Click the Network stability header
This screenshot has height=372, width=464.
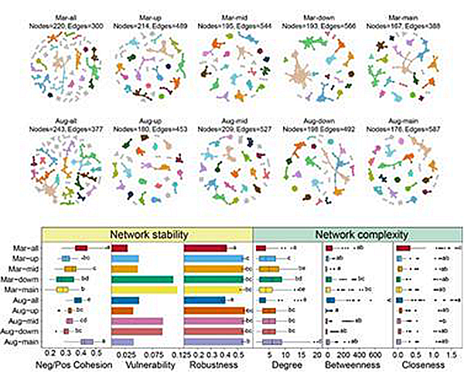[x=147, y=234]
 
